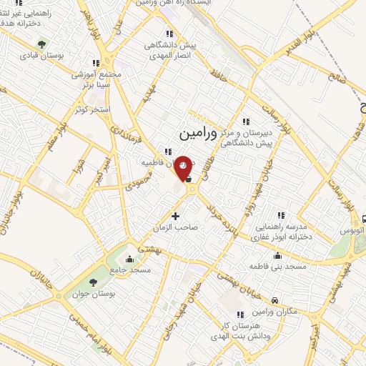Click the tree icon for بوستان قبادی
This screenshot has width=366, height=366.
point(41,44)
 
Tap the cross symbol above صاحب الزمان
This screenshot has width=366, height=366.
point(176,215)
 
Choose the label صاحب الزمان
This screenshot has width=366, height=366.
point(179,227)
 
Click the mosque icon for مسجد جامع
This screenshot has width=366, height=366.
point(129,258)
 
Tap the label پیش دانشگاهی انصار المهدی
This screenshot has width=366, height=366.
point(169,49)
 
